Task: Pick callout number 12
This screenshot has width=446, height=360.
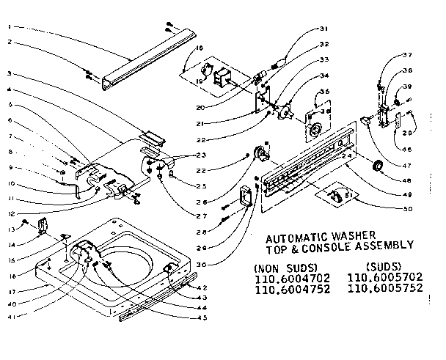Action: click(10, 213)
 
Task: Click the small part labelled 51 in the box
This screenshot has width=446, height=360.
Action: click(338, 195)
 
